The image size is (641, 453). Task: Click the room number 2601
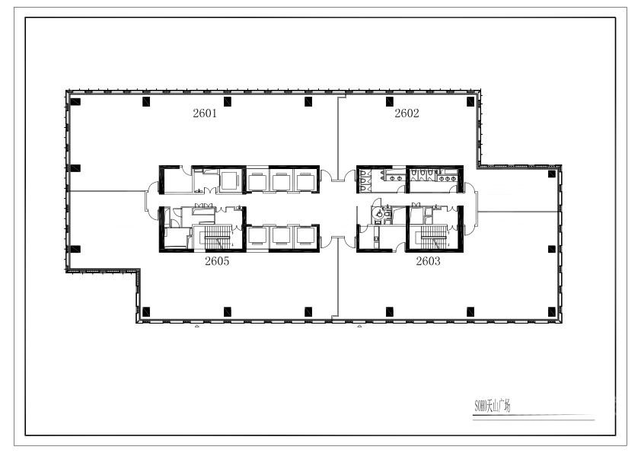click(x=205, y=113)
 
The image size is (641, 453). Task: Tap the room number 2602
click(x=407, y=113)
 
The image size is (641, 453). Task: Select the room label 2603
click(x=428, y=261)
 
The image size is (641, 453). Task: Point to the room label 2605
click(x=217, y=261)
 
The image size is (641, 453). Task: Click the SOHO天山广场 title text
click(x=493, y=406)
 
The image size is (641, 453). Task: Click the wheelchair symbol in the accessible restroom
click(x=379, y=213)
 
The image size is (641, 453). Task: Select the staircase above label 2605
click(x=217, y=237)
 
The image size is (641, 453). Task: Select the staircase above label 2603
click(x=433, y=238)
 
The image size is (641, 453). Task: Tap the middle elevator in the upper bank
click(x=281, y=181)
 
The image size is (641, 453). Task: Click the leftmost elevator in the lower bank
click(x=257, y=236)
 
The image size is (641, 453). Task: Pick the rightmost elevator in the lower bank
click(x=305, y=236)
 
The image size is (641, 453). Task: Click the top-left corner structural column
click(x=75, y=102)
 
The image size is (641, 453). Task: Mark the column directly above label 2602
click(x=390, y=102)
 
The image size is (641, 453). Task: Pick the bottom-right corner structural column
click(x=551, y=312)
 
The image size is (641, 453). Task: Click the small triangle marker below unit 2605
click(x=196, y=326)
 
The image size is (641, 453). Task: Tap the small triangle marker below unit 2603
click(x=359, y=326)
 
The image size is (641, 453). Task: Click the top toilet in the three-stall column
click(x=363, y=173)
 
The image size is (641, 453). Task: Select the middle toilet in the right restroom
click(x=423, y=174)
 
